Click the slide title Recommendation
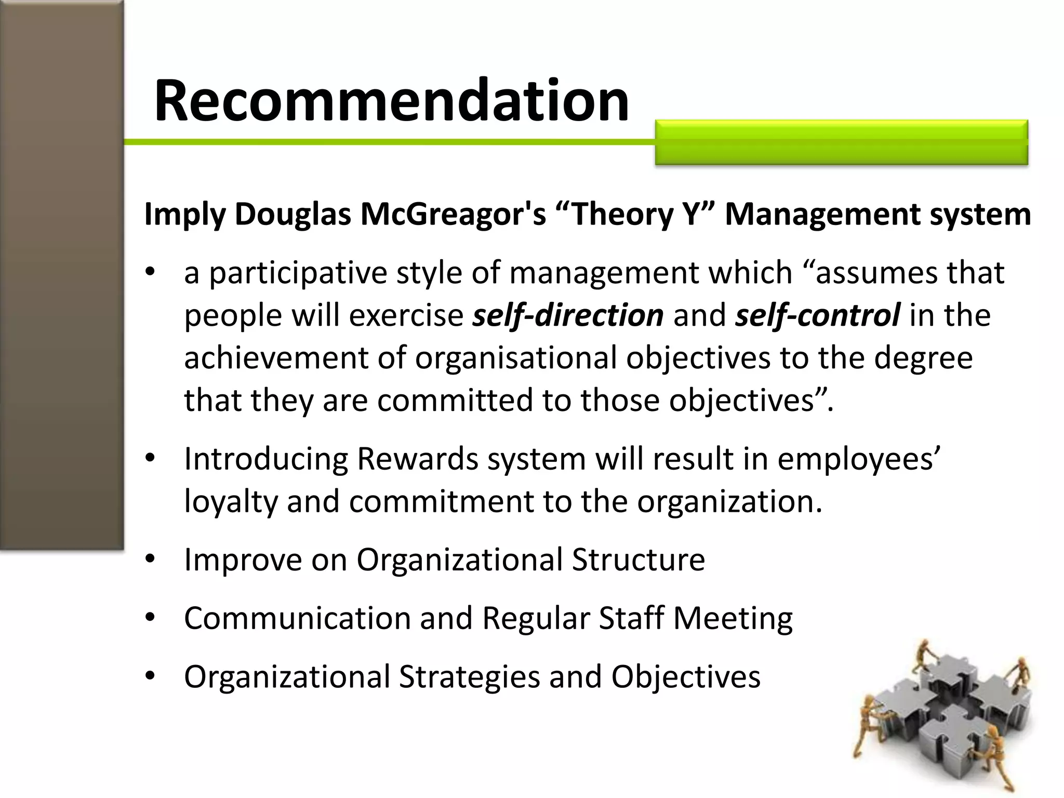pyautogui.click(x=391, y=100)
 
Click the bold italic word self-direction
pyautogui.click(x=568, y=315)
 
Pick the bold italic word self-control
pyautogui.click(x=817, y=315)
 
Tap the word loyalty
pyautogui.click(x=231, y=502)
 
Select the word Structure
pyautogui.click(x=638, y=560)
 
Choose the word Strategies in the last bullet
pyautogui.click(x=469, y=676)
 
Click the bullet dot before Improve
pyautogui.click(x=151, y=560)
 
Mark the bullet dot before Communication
pyautogui.click(x=151, y=618)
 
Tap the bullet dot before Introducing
pyautogui.click(x=151, y=459)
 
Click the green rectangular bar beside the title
pyautogui.click(x=841, y=142)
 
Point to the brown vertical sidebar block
pyautogui.click(x=61, y=275)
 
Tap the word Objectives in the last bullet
pyautogui.click(x=685, y=676)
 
